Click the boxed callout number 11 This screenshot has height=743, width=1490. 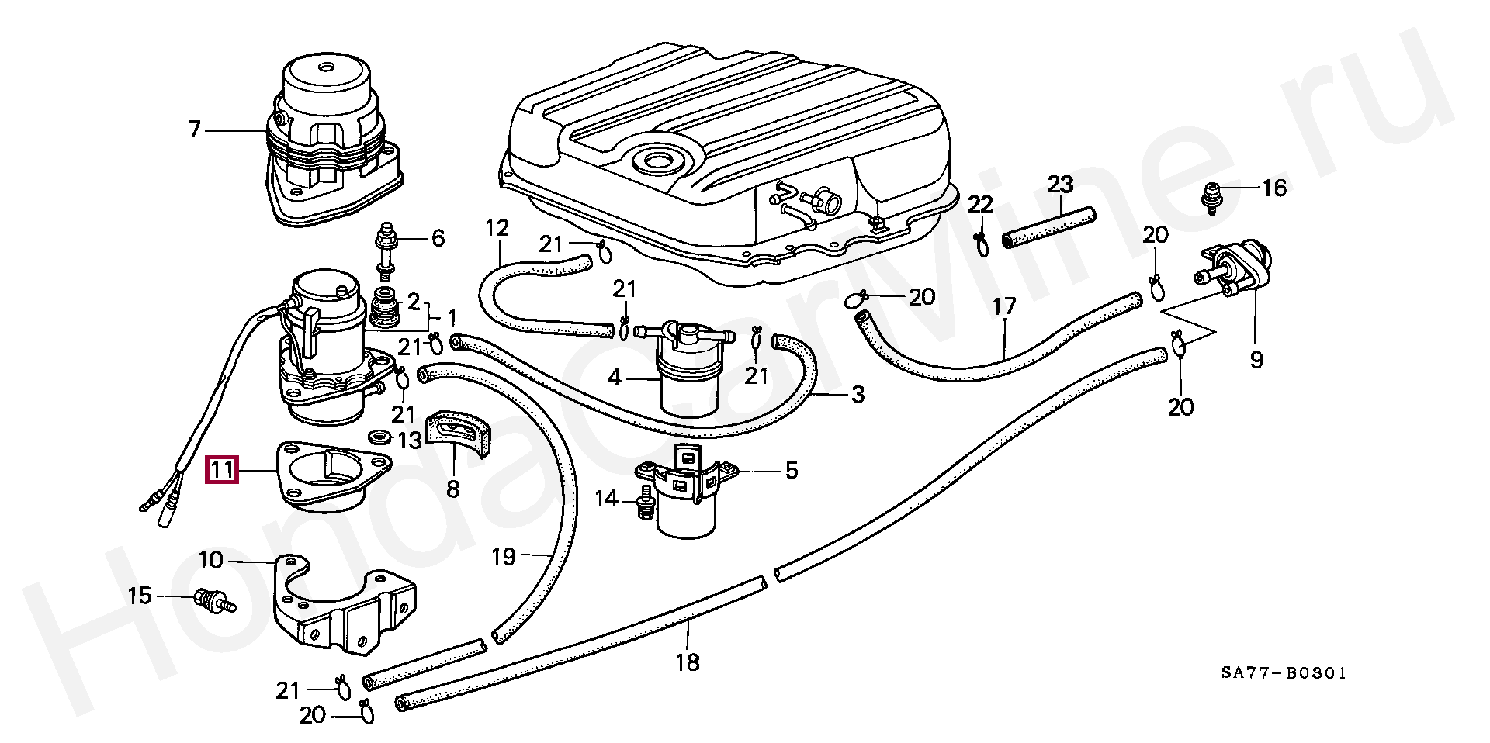point(220,470)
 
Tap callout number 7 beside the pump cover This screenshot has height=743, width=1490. point(195,129)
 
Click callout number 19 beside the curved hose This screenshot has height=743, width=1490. point(504,556)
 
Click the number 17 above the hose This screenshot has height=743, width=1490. point(1003,306)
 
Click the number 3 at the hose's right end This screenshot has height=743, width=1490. point(857,396)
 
